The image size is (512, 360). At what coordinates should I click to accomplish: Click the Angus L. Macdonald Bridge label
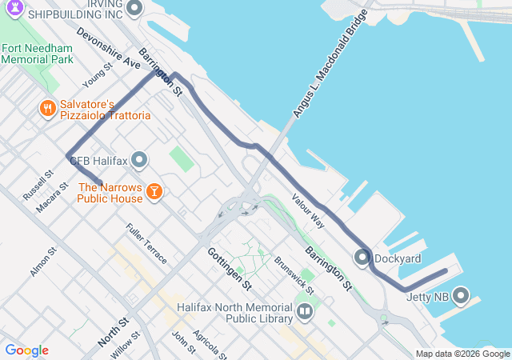tap(330, 64)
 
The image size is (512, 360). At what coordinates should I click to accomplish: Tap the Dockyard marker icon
tap(362, 258)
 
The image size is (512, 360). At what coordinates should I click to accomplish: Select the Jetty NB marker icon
tap(461, 296)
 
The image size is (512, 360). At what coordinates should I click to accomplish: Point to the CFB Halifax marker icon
tap(139, 161)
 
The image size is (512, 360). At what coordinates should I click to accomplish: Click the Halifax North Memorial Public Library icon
tap(304, 311)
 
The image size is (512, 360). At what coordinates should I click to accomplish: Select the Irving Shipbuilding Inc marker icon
tap(134, 9)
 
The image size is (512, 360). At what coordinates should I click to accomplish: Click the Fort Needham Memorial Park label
tap(38, 54)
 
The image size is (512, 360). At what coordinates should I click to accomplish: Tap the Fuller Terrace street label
tap(146, 243)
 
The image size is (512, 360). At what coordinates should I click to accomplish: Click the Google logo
tap(26, 350)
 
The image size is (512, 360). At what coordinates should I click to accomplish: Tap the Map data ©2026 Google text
tap(462, 354)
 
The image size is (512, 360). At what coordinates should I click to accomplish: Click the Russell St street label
tap(38, 184)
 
